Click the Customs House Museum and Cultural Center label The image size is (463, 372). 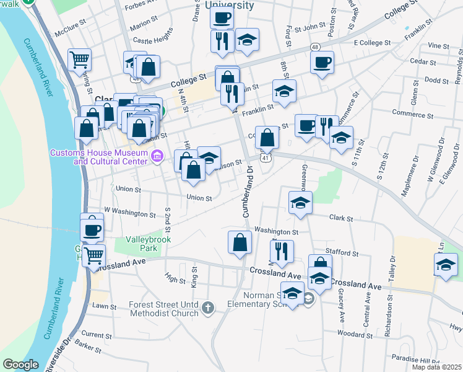point(98,157)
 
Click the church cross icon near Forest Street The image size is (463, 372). point(209,306)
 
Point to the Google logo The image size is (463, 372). point(20,365)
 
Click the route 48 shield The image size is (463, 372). point(315,47)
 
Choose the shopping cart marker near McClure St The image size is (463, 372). point(79,60)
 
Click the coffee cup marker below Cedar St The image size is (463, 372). point(322,63)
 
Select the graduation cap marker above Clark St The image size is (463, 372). point(300,202)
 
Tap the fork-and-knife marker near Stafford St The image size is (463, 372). point(281,251)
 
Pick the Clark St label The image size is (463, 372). point(341,219)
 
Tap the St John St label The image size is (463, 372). point(310,28)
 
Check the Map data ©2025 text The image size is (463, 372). point(436,367)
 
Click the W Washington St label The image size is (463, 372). point(130,214)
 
